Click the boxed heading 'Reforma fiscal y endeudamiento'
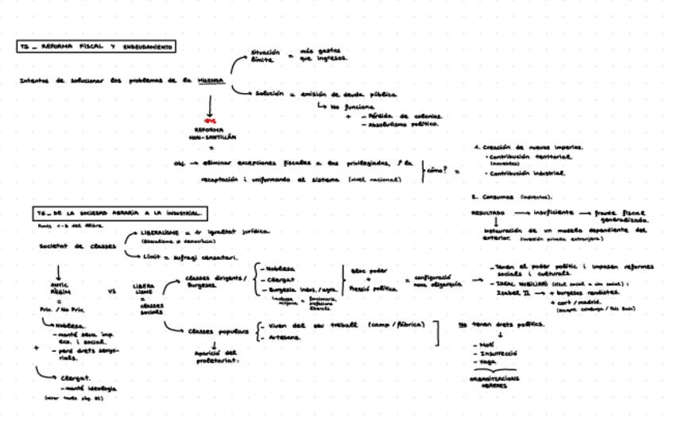click(x=98, y=48)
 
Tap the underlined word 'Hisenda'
click(x=211, y=81)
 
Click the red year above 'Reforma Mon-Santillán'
click(x=211, y=122)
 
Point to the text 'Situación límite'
click(x=265, y=56)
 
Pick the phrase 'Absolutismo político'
click(x=406, y=125)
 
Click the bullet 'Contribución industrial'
click(x=525, y=172)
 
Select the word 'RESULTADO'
click(x=486, y=214)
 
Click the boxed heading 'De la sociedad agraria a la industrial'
click(x=121, y=214)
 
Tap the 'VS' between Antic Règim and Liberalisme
click(x=111, y=292)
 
